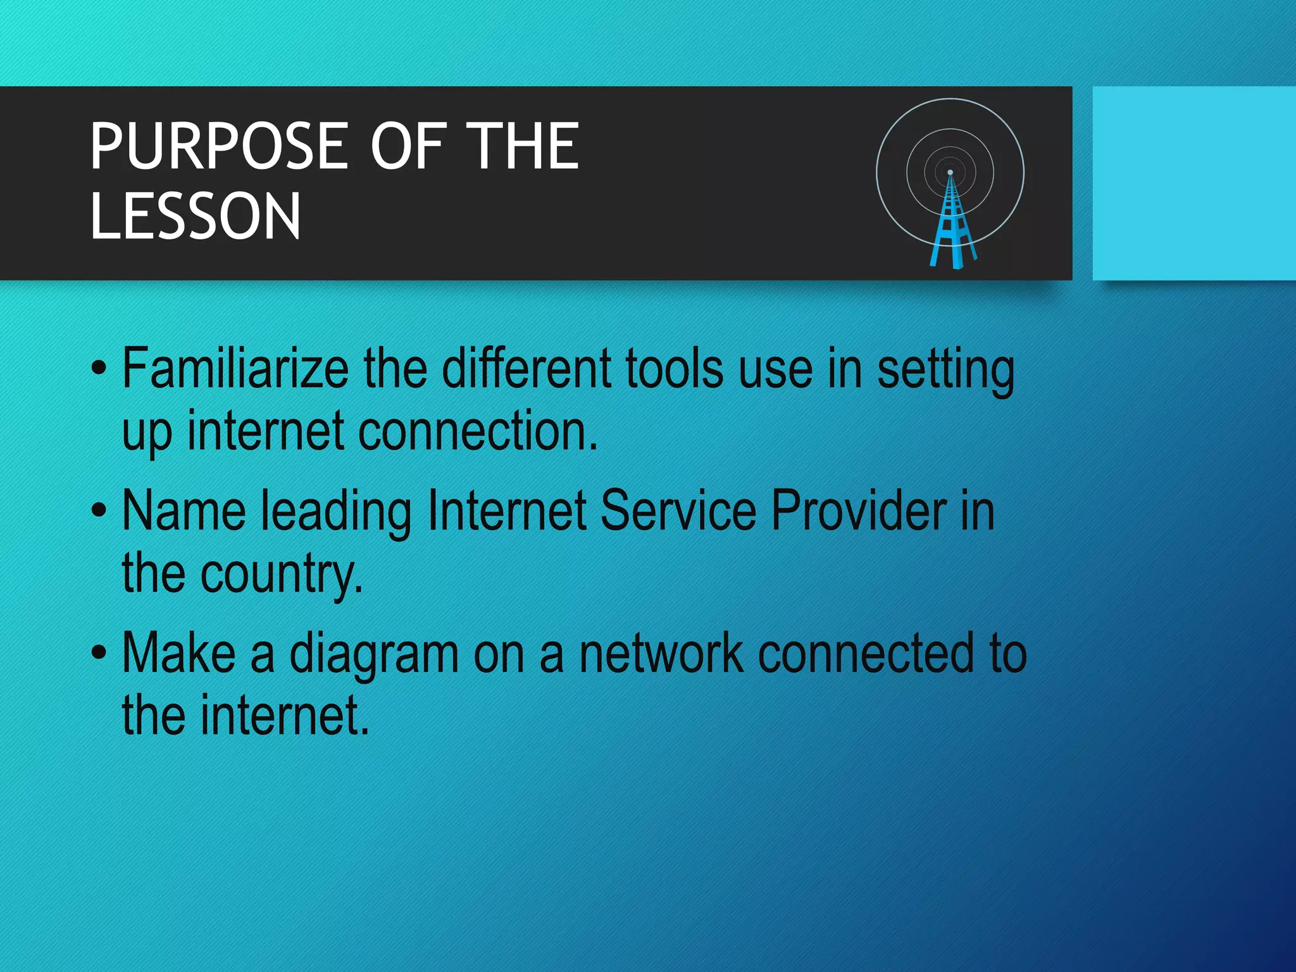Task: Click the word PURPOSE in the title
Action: tap(219, 147)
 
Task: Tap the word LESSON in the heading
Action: tap(196, 217)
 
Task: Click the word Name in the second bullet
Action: tap(184, 511)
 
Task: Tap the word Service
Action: tap(678, 511)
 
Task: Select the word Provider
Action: tap(859, 511)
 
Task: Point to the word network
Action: tap(661, 654)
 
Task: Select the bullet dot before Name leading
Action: tap(99, 511)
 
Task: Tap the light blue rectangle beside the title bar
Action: tap(1193, 184)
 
